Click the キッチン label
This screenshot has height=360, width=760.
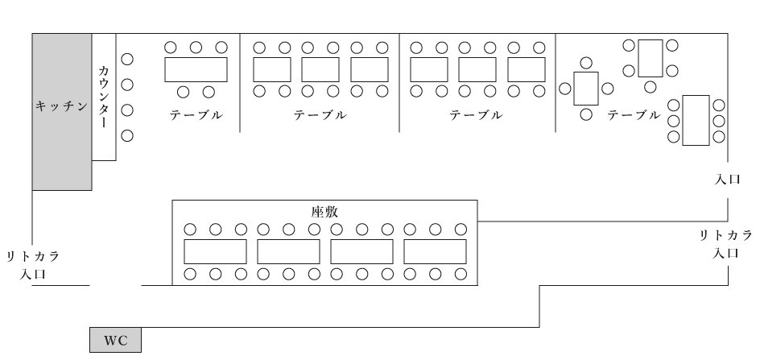(60, 106)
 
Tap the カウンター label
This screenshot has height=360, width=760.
(103, 97)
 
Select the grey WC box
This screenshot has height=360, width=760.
(114, 340)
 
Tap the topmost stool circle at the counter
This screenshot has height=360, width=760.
(126, 59)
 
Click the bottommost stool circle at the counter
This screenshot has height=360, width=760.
(126, 135)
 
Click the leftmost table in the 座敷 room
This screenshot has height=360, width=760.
(215, 251)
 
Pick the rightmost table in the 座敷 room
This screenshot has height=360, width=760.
(435, 251)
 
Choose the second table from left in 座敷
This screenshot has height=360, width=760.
(288, 251)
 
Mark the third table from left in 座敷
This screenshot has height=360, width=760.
(361, 251)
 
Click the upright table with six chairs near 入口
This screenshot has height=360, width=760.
(695, 120)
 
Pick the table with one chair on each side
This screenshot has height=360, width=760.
(586, 89)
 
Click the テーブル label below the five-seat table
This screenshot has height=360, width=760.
(196, 114)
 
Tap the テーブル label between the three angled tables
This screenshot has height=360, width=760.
(634, 114)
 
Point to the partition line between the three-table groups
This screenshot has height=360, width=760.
(399, 82)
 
